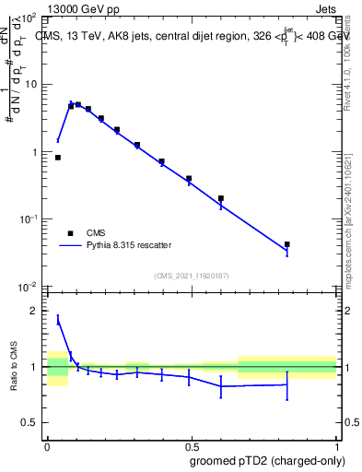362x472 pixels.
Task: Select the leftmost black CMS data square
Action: tap(58, 158)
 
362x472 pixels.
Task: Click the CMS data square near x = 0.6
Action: tap(221, 198)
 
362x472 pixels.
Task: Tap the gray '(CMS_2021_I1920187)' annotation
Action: tap(192, 276)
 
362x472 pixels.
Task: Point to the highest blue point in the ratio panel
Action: tap(58, 319)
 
